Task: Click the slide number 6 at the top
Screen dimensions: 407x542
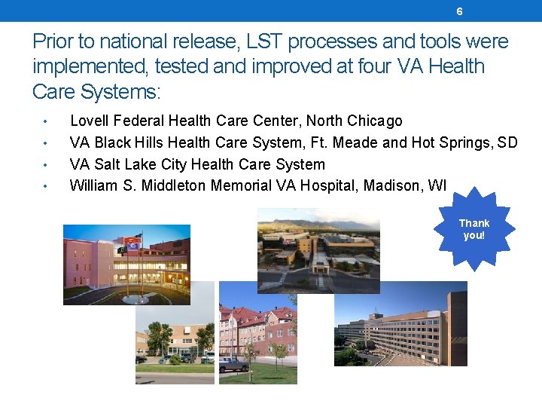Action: [459, 11]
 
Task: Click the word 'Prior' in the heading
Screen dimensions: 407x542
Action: [53, 41]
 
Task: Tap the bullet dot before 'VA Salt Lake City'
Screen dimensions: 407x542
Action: [46, 165]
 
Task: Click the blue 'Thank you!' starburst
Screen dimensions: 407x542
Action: [473, 229]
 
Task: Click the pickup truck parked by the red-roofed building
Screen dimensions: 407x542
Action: [233, 364]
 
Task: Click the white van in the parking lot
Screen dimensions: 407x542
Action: [164, 360]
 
